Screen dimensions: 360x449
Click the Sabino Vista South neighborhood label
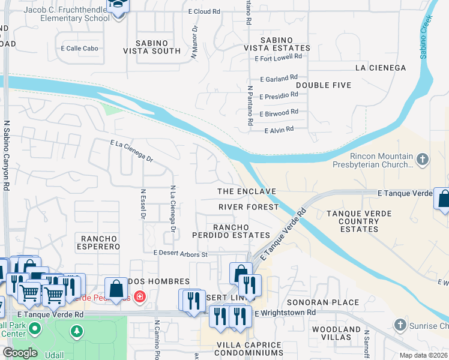(151, 46)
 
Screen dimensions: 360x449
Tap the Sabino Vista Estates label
(277, 43)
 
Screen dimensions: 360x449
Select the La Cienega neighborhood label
(381, 68)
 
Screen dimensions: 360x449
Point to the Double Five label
(323, 85)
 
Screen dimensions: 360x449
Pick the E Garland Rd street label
(279, 78)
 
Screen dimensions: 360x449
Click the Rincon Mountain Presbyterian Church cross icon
(423, 160)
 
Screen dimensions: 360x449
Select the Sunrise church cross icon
(400, 325)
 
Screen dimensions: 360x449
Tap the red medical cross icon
(139, 296)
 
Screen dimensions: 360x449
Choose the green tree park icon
(76, 331)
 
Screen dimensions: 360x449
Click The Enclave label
(246, 191)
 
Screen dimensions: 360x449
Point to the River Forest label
(249, 207)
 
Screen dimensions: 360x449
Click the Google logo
(20, 353)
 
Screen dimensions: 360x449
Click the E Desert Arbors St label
(180, 254)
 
